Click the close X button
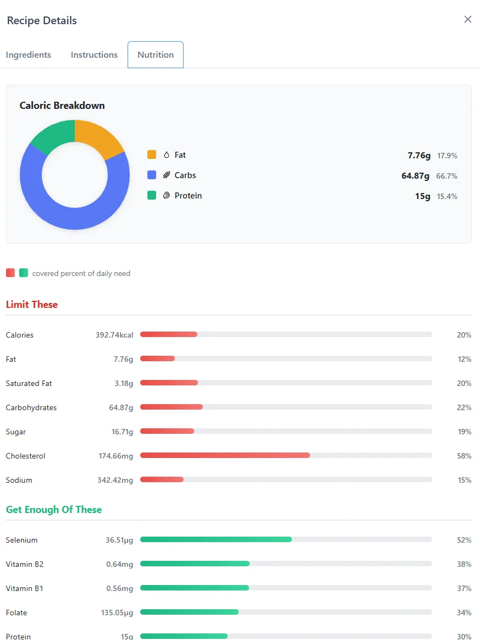coord(468,19)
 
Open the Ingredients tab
coord(29,55)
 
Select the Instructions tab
coord(94,55)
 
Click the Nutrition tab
coord(156,55)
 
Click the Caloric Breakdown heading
coord(62,106)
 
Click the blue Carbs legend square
coord(152,175)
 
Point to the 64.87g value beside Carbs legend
coord(416,176)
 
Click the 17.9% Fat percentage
coord(447,156)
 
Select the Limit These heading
coord(32,305)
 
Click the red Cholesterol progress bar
coord(225,456)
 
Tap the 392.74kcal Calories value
coord(114,335)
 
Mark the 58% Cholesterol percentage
coord(464,456)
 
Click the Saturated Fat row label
coord(29,383)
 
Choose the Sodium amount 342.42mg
coord(115,480)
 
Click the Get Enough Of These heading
coord(54,510)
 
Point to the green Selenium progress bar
coord(216,540)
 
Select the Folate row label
coord(16,613)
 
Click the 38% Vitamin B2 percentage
coord(464,564)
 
